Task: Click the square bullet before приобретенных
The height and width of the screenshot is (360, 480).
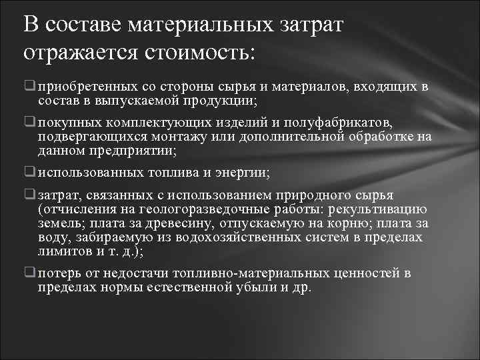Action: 30,87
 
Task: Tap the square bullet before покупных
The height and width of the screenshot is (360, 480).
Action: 30,124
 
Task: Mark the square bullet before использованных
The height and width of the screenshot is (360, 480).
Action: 30,173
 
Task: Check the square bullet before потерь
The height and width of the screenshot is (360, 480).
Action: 30,274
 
